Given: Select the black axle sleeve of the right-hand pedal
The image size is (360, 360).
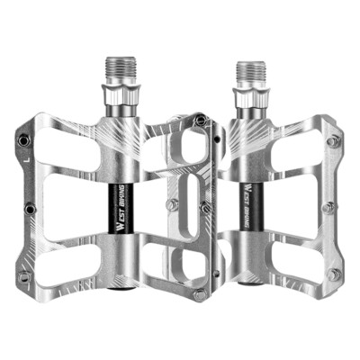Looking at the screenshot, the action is click(251, 206).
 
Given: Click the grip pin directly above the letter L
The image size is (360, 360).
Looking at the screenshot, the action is click(23, 139).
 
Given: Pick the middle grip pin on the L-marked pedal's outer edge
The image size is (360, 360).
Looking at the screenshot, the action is click(31, 209).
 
